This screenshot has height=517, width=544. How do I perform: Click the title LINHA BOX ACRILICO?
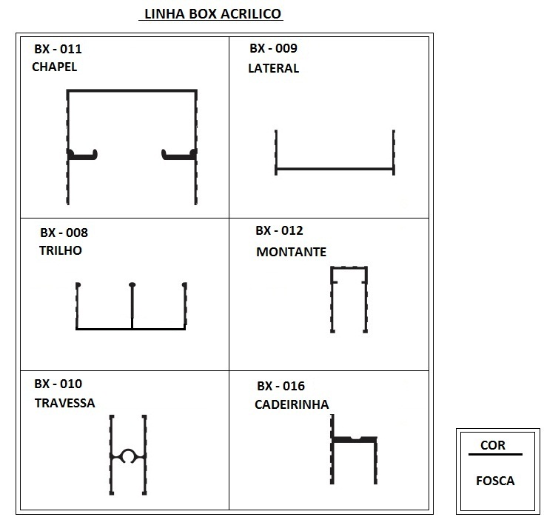[212, 14]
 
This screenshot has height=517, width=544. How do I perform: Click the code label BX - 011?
[58, 49]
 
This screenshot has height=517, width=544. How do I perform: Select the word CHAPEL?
[55, 67]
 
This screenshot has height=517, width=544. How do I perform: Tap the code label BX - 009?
[273, 48]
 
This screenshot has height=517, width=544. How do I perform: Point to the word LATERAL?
[273, 68]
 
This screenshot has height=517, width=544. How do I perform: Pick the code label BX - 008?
[64, 233]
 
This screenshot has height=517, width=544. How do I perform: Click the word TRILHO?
[61, 250]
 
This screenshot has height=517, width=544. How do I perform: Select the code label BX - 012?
[279, 230]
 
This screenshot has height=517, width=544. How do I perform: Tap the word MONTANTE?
[291, 252]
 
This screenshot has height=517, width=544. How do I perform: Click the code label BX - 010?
[58, 384]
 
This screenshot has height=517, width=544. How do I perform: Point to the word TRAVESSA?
[64, 403]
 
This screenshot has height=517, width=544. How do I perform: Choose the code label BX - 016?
[281, 386]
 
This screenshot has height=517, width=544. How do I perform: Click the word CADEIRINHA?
[292, 404]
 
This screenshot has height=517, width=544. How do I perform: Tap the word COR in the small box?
[493, 445]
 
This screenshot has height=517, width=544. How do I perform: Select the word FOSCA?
[495, 481]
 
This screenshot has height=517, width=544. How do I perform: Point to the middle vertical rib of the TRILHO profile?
[132, 306]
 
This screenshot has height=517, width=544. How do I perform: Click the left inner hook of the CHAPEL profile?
[83, 155]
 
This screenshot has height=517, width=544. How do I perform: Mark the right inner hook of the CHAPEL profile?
[178, 155]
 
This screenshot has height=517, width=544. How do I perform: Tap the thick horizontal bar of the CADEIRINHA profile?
[354, 439]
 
